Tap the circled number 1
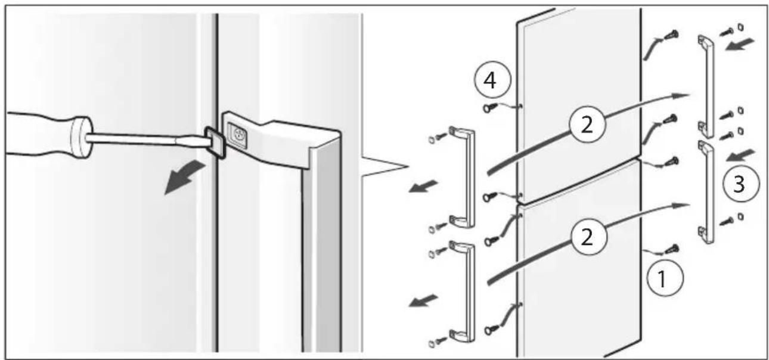pos(665,278)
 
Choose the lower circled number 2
pos(588,237)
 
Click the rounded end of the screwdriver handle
pos(82,138)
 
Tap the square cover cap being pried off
pos(216,142)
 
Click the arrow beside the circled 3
pos(741,156)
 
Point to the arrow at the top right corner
pos(740,45)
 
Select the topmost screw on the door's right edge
pos(672,35)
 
